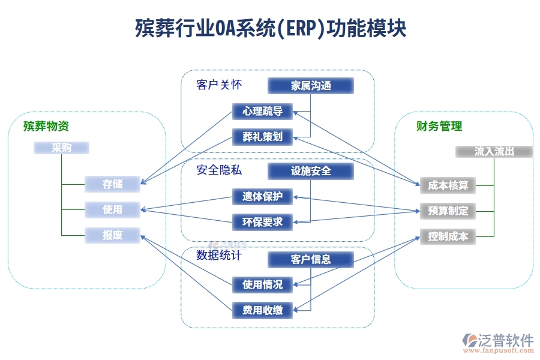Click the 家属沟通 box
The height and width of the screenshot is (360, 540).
point(311,86)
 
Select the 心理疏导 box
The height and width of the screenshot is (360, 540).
point(262,112)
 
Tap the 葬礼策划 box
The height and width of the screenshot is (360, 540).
point(262,137)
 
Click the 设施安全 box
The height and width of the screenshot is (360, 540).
point(311,171)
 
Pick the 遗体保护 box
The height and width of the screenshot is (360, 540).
point(262,197)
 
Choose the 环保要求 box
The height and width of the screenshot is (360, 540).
point(262,222)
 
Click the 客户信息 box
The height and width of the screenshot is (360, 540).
point(311,259)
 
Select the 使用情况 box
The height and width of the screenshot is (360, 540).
point(262,284)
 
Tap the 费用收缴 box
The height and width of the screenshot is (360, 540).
point(262,310)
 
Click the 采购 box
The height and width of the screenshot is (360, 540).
point(61,148)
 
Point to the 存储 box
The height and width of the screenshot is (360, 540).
point(112,184)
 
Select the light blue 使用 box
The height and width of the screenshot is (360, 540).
point(112,209)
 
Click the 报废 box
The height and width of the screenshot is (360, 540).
point(112,235)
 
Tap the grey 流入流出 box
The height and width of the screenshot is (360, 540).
point(494,152)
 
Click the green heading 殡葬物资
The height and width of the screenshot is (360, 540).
point(46,126)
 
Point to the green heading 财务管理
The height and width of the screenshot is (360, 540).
point(439,126)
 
